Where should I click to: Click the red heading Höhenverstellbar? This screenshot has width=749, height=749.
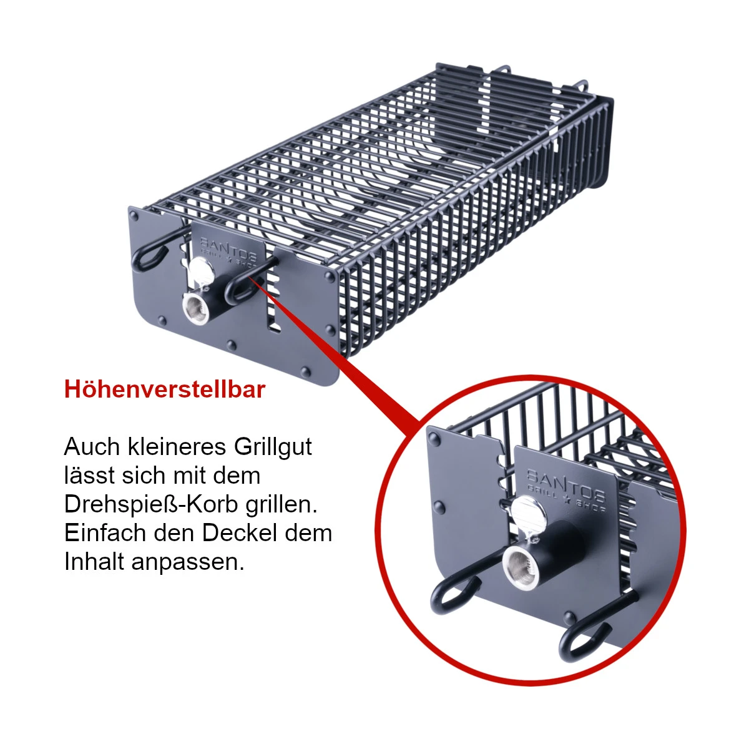pyautogui.click(x=165, y=389)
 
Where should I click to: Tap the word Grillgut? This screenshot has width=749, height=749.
pyautogui.click(x=272, y=447)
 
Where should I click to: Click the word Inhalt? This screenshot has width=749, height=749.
pyautogui.click(x=94, y=562)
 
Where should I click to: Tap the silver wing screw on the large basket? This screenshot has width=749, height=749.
pyautogui.click(x=202, y=272)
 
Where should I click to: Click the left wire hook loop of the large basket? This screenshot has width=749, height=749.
pyautogui.click(x=149, y=256)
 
